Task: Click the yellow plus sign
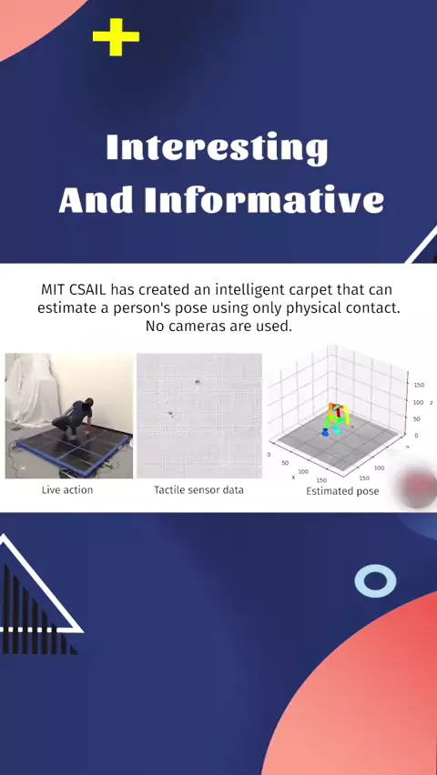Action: [116, 37]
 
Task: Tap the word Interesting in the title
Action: [217, 148]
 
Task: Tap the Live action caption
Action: [67, 490]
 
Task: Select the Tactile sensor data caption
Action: [198, 490]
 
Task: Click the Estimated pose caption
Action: [342, 491]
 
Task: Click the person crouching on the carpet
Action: [75, 418]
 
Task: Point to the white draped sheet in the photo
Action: [31, 390]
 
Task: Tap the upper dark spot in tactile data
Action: [198, 381]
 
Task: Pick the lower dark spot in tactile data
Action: [170, 413]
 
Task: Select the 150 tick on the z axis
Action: [418, 385]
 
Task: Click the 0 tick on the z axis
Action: [416, 436]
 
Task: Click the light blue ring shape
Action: [376, 580]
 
